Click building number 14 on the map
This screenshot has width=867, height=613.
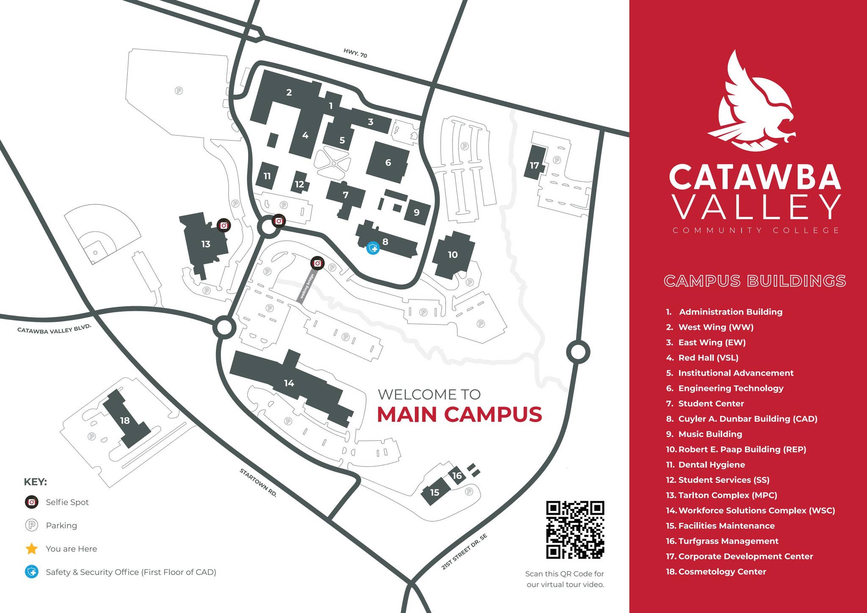(x=289, y=383)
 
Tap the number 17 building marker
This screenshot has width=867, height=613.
(x=535, y=165)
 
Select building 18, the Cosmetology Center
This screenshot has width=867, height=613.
(x=125, y=421)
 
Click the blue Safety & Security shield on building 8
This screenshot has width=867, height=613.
(x=373, y=248)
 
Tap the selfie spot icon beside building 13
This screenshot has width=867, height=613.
(x=224, y=225)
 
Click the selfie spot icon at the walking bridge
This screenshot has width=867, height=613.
(x=318, y=263)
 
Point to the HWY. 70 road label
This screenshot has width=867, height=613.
(x=355, y=53)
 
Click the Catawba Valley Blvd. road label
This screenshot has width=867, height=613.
(x=54, y=329)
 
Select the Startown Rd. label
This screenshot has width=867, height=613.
(x=258, y=482)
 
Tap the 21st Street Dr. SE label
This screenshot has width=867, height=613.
(x=464, y=552)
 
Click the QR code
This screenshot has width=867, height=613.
(x=575, y=530)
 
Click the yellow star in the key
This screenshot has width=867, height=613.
(x=32, y=549)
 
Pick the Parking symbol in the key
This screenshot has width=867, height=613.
(x=32, y=525)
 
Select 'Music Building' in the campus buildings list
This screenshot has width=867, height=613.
(x=710, y=434)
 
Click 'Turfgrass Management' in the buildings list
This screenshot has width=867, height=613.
(x=728, y=541)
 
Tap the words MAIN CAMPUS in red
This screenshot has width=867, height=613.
(x=459, y=414)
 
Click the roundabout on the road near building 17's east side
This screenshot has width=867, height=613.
(x=578, y=352)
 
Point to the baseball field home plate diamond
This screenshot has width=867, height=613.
(x=96, y=253)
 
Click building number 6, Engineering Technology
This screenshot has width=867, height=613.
(x=388, y=162)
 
